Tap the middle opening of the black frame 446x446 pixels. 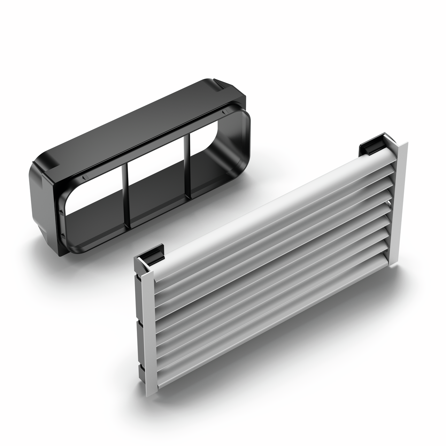coord(157,181)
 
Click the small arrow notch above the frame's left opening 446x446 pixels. coord(84,178)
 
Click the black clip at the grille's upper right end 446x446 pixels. coord(371,146)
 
